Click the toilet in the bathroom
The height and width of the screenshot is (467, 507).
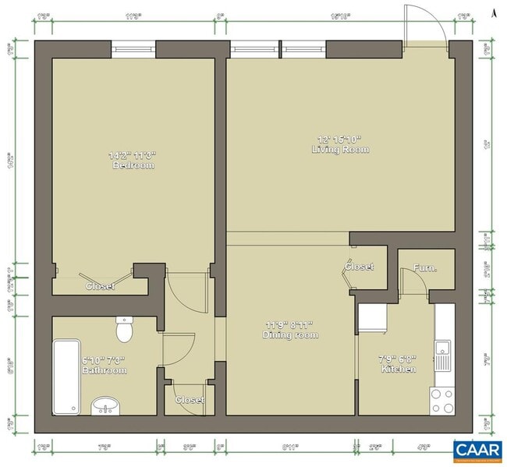pos(125,331)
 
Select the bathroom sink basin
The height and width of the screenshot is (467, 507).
pos(106,405)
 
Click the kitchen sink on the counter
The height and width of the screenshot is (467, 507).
pos(444,357)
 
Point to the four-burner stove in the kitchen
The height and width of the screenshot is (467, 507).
pos(442,401)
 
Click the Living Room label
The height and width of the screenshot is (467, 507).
pos(340,149)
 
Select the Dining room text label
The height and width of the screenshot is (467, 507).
pos(290,335)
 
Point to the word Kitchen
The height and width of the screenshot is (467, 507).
pos(398,369)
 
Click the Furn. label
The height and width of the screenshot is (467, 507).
pos(425,268)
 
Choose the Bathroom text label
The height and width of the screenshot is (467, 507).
pos(105,370)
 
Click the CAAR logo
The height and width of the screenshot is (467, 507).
pos(476,449)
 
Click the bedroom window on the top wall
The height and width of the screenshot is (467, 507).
pos(133,48)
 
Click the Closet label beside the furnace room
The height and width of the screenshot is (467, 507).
pos(360,267)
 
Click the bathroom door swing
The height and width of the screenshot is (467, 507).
pos(179,348)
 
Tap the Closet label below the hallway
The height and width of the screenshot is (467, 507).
pos(190,400)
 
